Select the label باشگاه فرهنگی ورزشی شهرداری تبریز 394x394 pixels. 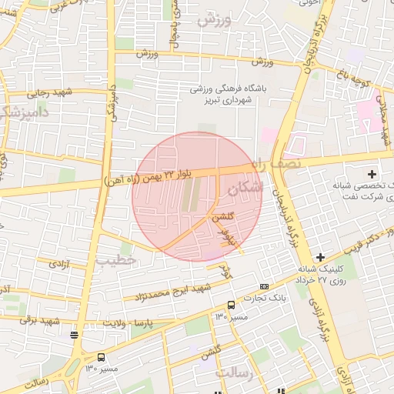229,94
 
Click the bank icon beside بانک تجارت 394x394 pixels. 265,286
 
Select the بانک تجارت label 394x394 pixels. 265,297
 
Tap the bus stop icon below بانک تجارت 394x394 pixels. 231,305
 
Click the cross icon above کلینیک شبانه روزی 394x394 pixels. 320,256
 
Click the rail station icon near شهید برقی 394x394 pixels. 74,334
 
